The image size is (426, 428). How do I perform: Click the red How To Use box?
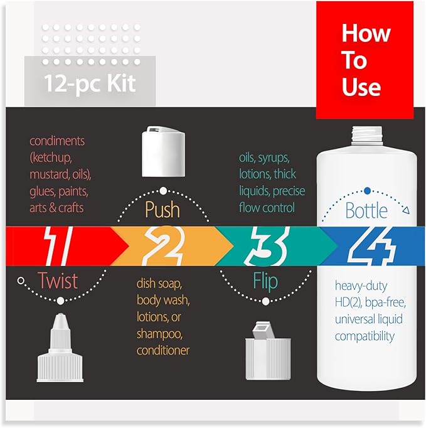coord(365,61)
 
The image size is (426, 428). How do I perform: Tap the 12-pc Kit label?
coord(90,83)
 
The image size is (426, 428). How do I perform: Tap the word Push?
coord(163,209)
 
